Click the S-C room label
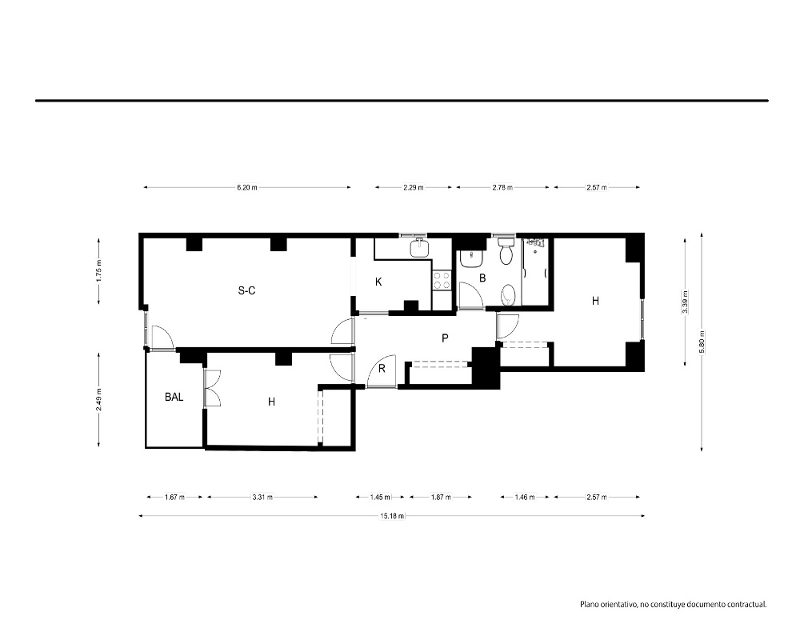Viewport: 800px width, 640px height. click(x=246, y=290)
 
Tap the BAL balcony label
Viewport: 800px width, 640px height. click(x=174, y=397)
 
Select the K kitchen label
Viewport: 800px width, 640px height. click(x=378, y=282)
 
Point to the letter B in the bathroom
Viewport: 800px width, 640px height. click(x=482, y=278)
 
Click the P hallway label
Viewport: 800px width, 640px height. click(x=445, y=338)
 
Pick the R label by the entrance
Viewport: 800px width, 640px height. click(x=382, y=369)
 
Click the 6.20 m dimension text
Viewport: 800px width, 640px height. click(x=247, y=187)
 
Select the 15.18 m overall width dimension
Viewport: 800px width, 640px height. click(x=392, y=515)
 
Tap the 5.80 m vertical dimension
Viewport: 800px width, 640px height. click(x=702, y=342)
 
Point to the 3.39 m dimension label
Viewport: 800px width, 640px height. click(x=686, y=302)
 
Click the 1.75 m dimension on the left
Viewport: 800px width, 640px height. click(x=99, y=270)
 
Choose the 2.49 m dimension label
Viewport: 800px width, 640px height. click(x=99, y=400)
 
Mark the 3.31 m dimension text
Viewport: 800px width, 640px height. click(x=262, y=497)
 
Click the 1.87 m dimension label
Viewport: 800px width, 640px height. click(x=441, y=497)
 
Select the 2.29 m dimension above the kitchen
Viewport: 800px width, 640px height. click(x=414, y=187)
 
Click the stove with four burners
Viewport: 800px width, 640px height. click(x=442, y=280)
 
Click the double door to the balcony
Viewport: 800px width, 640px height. click(x=212, y=388)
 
